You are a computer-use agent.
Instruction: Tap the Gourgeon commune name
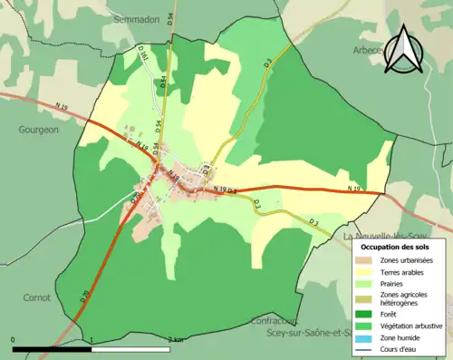coord(38,130)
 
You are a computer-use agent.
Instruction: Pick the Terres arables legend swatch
coord(366,271)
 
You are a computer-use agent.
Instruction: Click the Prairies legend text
coord(395,283)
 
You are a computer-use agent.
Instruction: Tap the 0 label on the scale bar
coord(14,339)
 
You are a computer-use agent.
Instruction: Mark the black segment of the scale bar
coord(53,347)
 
